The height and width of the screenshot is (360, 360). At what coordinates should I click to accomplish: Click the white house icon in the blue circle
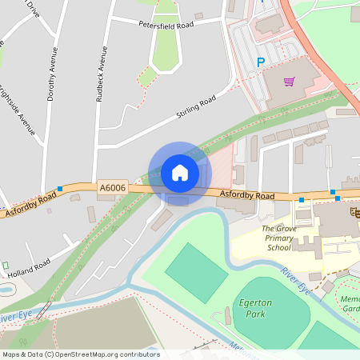(x=180, y=172)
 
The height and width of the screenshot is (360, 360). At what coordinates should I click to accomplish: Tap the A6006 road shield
(x=113, y=188)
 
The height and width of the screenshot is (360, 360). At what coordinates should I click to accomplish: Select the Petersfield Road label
(x=166, y=25)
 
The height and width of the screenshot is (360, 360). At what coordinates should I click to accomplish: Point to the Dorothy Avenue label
(x=53, y=73)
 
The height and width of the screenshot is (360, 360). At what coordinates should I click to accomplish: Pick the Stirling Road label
(x=196, y=110)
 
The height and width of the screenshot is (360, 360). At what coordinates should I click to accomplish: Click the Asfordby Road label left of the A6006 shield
(x=30, y=205)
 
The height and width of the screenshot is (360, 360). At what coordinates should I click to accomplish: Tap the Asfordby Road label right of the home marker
(x=247, y=196)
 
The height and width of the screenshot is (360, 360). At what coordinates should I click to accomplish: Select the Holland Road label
(x=30, y=267)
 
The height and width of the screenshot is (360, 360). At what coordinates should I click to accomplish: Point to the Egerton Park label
(x=256, y=308)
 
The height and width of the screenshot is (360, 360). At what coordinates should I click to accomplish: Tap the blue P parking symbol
(x=260, y=62)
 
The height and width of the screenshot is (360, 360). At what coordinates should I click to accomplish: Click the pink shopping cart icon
(x=289, y=81)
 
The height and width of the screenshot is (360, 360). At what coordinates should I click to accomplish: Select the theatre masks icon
(x=353, y=210)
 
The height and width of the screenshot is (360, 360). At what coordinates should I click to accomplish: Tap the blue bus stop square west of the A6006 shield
(x=60, y=190)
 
